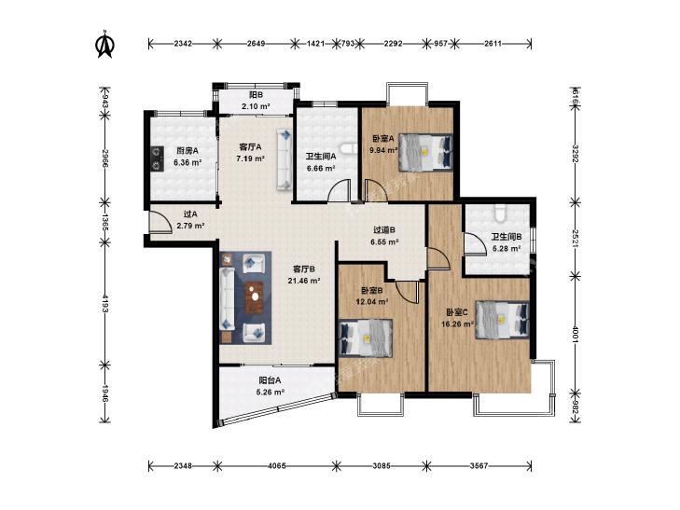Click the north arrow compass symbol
[x=104, y=43]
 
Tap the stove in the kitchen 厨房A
[x=157, y=159]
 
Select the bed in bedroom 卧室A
[x=425, y=151]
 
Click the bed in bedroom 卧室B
[x=365, y=338]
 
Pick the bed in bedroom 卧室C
[x=502, y=320]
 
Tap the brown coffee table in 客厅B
[x=255, y=297]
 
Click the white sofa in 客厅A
[x=284, y=159]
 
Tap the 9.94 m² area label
[x=383, y=150]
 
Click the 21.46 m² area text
[x=304, y=281]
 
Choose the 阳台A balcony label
[x=270, y=380]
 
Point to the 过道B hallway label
[x=384, y=230]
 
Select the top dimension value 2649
[x=256, y=43]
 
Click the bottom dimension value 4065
[x=277, y=466]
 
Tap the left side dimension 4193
[x=104, y=304]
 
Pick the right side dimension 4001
[x=575, y=334]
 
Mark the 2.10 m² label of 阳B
[x=256, y=105]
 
